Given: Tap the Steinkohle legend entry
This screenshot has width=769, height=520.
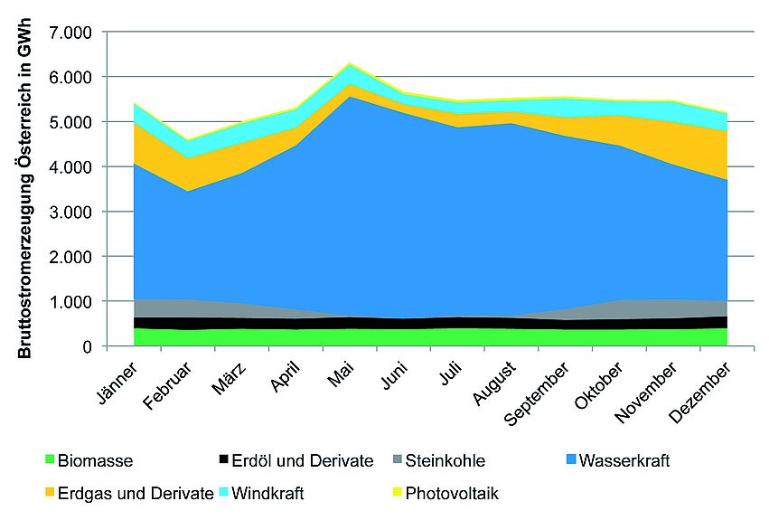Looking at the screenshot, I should [445, 461].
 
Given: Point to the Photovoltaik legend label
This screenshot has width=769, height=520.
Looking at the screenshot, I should [452, 494].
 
